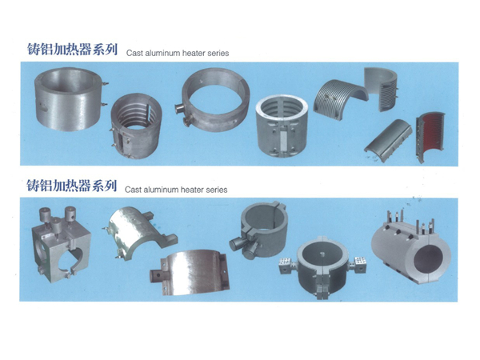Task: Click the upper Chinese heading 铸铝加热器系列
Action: coord(72,50)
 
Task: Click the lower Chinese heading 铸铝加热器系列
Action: coord(72,186)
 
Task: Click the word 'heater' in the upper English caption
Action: coord(193,53)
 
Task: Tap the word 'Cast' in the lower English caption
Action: coord(133,190)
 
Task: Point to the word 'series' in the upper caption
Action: coord(218,53)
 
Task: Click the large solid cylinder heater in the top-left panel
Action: coord(69,98)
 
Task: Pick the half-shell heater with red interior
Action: coord(430,136)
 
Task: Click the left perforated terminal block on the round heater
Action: coord(287,266)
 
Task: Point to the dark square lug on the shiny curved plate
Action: coord(157,277)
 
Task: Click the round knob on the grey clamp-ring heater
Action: coord(237,245)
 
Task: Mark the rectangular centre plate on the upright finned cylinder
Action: coord(282,140)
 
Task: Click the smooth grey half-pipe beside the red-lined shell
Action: coord(388,137)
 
